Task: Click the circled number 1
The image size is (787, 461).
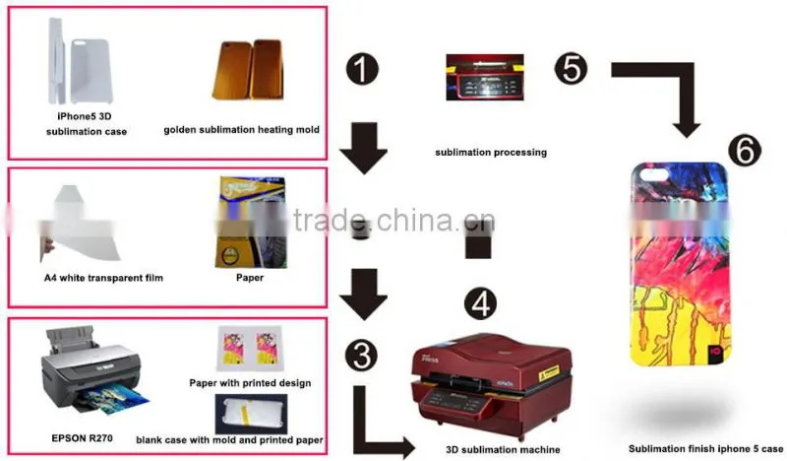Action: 362,69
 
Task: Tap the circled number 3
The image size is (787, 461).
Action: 361,355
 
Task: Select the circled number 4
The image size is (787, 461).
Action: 480,303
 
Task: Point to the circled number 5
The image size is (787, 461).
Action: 571,69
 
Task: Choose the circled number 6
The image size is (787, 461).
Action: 745,151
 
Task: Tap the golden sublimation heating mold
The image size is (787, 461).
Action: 249,69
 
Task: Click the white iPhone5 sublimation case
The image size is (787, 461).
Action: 81,61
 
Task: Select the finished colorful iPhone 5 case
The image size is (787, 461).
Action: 680,263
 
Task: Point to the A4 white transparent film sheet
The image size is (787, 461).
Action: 81,224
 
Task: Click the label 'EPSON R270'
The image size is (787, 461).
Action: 83,438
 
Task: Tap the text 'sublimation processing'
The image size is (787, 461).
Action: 491,153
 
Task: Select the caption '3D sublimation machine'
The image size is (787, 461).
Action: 503,449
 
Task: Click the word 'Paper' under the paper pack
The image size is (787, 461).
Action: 250,278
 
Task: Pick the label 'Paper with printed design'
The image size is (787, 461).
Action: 250,383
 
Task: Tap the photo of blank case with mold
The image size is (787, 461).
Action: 251,414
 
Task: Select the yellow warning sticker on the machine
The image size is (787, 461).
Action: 549,373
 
